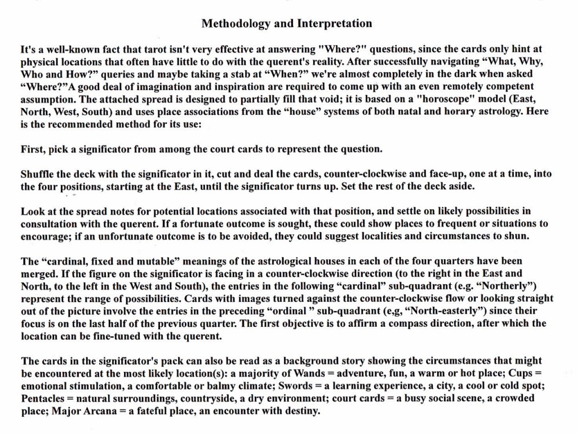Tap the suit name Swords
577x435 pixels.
click(x=297, y=386)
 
